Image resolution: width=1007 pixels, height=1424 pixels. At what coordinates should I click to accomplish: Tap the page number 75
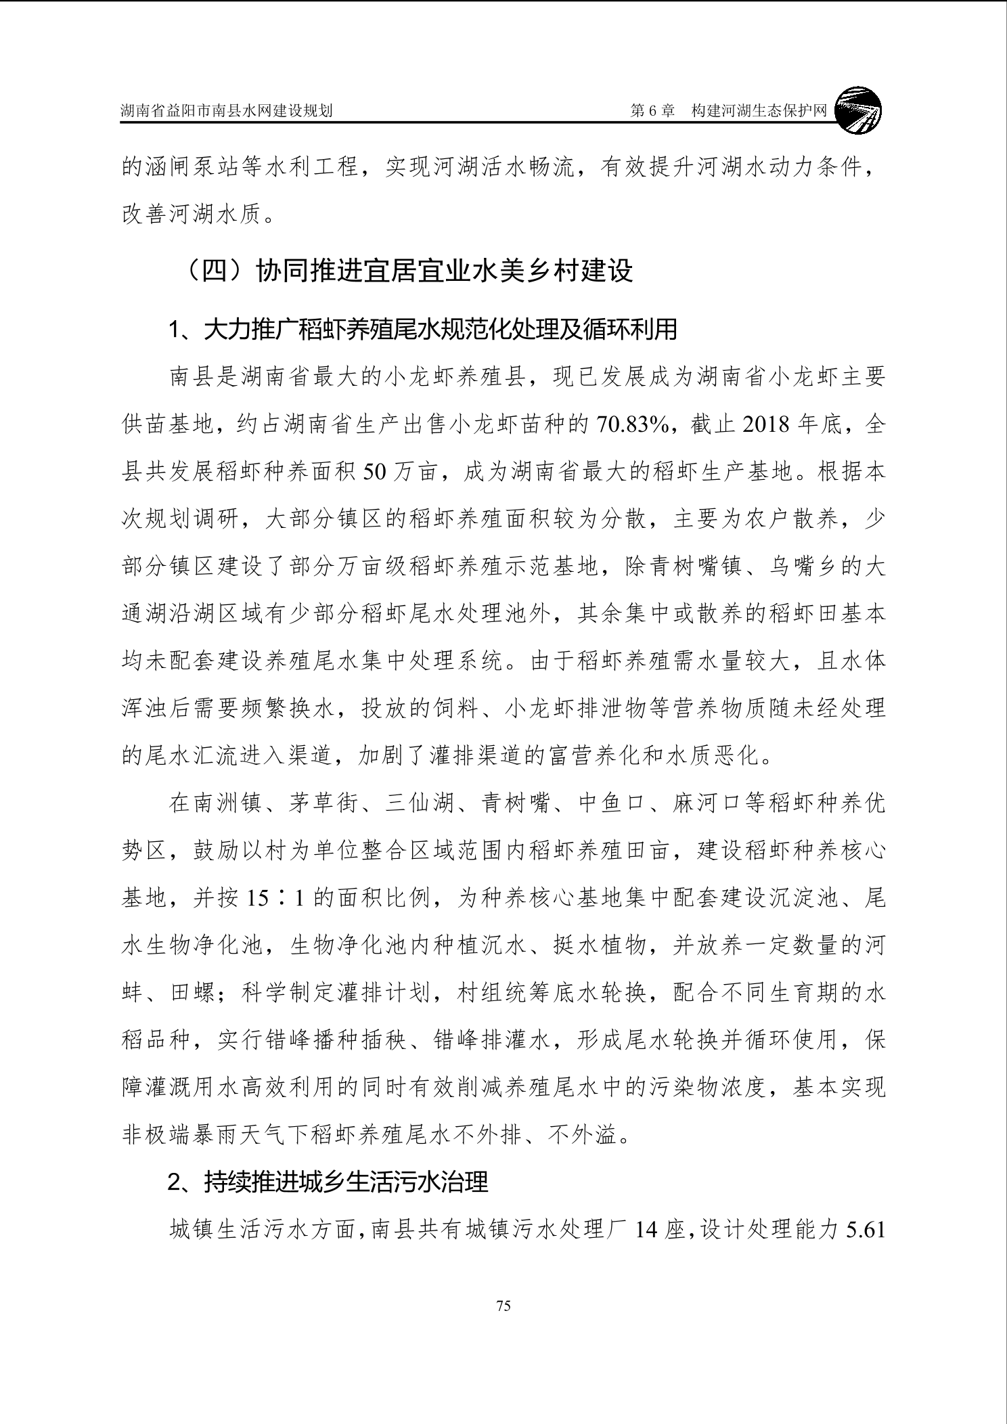pyautogui.click(x=503, y=1306)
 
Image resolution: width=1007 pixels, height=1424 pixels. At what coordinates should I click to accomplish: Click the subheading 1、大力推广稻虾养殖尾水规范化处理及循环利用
pyautogui.click(x=422, y=330)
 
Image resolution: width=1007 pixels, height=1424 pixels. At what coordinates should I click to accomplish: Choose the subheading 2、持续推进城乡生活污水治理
pyautogui.click(x=328, y=1182)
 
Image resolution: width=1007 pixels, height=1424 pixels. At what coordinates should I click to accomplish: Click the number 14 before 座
pyautogui.click(x=646, y=1229)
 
